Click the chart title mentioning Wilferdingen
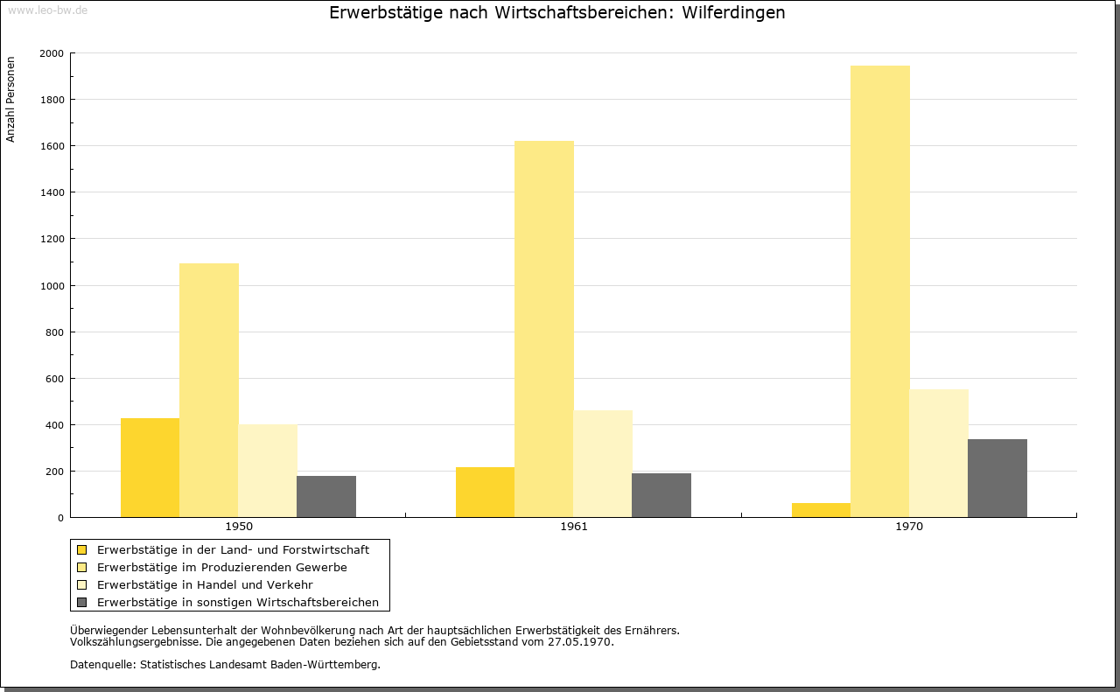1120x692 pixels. pyautogui.click(x=556, y=13)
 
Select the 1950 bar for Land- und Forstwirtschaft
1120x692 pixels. pyautogui.click(x=150, y=468)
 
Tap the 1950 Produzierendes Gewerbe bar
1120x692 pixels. pyautogui.click(x=208, y=390)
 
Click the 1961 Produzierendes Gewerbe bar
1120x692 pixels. pyautogui.click(x=544, y=329)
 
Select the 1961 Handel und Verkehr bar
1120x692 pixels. pyautogui.click(x=603, y=464)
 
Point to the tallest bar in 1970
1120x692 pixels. pyautogui.click(x=879, y=291)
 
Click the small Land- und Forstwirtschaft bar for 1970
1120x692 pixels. pyautogui.click(x=821, y=510)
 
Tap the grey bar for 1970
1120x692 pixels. pyautogui.click(x=997, y=479)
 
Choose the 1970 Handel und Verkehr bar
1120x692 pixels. pyautogui.click(x=939, y=453)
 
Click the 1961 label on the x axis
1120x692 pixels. pyautogui.click(x=574, y=527)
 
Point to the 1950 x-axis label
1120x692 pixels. pyautogui.click(x=239, y=527)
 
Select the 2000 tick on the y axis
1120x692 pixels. pyautogui.click(x=52, y=53)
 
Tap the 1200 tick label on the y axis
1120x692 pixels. pyautogui.click(x=52, y=239)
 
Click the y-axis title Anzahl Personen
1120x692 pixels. pyautogui.click(x=10, y=100)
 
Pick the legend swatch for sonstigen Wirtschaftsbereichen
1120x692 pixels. pyautogui.click(x=82, y=602)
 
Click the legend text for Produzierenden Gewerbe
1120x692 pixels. pyautogui.click(x=221, y=567)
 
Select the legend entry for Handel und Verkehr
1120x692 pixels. pyautogui.click(x=205, y=584)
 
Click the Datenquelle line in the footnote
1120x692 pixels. pyautogui.click(x=225, y=664)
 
